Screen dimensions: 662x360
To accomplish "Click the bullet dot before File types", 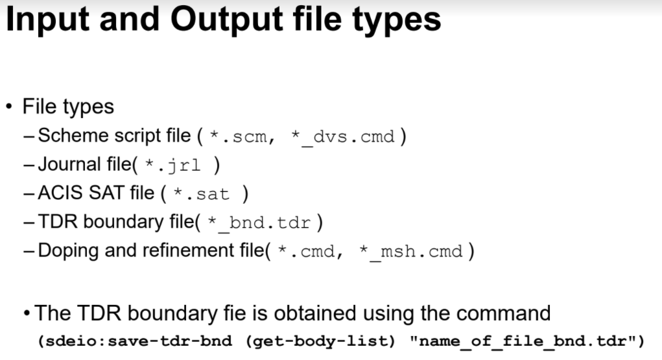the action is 10,106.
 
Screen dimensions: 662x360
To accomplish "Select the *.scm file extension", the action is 237,138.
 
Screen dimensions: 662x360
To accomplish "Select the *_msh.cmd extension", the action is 410,251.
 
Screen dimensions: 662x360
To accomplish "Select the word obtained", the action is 314,313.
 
